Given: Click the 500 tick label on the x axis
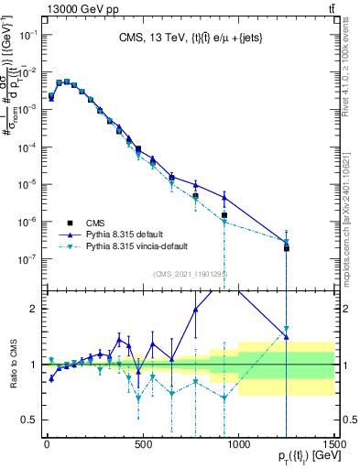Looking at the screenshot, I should [x=142, y=447].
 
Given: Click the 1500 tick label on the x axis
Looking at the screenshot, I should [x=334, y=447].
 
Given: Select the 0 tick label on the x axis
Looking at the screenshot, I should [x=46, y=447].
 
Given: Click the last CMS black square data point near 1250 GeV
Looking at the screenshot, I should [x=287, y=248].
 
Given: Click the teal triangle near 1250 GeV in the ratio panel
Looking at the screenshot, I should [x=287, y=329].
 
